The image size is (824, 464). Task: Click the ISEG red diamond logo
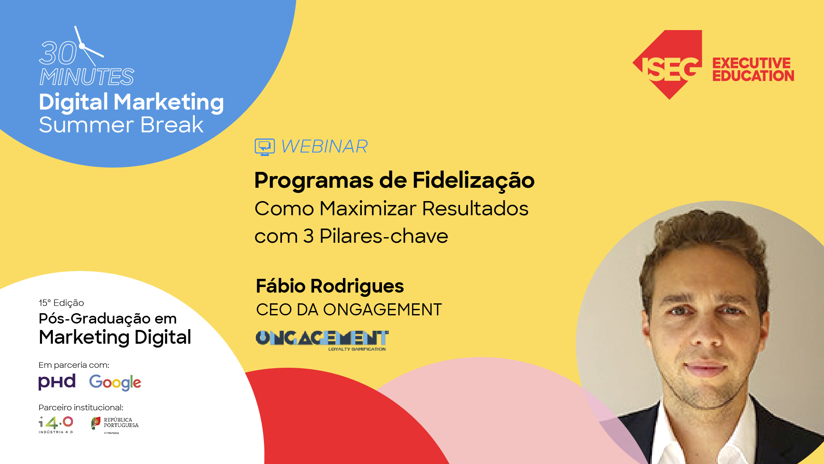(668, 64)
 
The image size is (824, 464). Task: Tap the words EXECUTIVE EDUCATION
(753, 69)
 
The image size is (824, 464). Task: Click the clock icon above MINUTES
(88, 46)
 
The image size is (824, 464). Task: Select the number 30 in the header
(58, 54)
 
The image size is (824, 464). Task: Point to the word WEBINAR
(324, 147)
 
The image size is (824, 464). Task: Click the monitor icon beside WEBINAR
(264, 147)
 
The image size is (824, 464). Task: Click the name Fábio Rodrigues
(330, 286)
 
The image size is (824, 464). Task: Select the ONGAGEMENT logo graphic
(322, 339)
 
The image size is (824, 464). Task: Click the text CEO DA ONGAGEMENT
(348, 310)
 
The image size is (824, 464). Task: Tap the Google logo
(115, 382)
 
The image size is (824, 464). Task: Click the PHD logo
(57, 382)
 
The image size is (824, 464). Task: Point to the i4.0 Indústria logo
(56, 424)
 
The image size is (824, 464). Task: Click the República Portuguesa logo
(115, 424)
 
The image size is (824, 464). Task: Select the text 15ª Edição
(61, 303)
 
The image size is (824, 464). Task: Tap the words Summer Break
(121, 125)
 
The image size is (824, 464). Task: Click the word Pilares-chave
(384, 236)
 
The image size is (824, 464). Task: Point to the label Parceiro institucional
(81, 407)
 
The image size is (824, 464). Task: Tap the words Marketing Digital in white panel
(115, 337)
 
